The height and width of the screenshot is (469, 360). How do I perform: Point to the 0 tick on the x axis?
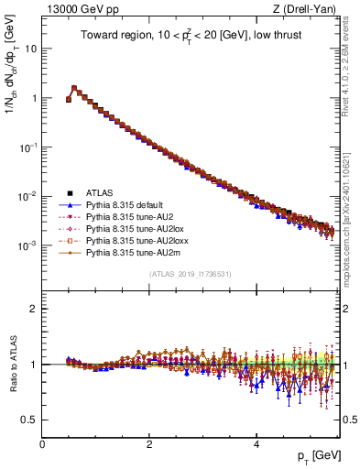pyautogui.click(x=43, y=443)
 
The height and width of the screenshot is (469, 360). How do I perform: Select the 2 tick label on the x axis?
pyautogui.click(x=149, y=443)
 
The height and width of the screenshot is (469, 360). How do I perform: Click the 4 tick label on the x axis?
pyautogui.click(x=256, y=443)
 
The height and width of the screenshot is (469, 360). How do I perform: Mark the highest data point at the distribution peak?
pyautogui.click(x=74, y=89)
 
